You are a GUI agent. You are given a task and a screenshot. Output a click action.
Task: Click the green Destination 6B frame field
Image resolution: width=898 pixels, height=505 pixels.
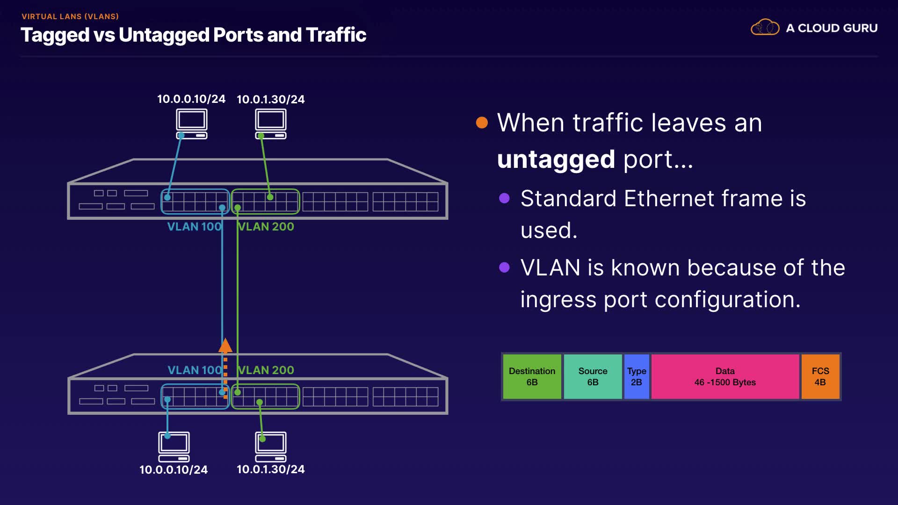click(x=532, y=376)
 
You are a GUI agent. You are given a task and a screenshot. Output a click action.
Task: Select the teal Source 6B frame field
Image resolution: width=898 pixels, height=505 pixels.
click(x=593, y=376)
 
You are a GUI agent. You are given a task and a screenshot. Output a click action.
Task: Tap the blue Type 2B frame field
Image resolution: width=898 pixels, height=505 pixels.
click(x=637, y=376)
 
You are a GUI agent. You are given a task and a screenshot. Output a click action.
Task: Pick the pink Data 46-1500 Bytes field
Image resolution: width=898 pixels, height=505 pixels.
click(x=725, y=376)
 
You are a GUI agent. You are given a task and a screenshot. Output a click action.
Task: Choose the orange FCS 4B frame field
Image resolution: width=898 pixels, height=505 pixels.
click(x=820, y=376)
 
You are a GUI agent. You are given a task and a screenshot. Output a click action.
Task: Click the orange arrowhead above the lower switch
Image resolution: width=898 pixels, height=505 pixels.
click(x=225, y=345)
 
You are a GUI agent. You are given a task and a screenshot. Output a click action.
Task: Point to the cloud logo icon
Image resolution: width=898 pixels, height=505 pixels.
click(x=765, y=28)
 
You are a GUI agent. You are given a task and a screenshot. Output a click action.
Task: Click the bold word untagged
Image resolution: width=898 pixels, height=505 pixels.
click(x=556, y=159)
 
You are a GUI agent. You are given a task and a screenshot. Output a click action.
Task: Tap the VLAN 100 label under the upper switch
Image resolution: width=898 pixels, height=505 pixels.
click(x=194, y=227)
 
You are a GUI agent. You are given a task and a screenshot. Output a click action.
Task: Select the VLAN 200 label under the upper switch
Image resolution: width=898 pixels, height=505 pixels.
click(x=266, y=227)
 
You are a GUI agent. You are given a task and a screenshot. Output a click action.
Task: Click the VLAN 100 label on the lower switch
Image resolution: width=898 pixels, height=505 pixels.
click(x=195, y=370)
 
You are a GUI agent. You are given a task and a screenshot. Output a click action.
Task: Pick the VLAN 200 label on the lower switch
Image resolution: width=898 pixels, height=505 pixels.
click(x=266, y=370)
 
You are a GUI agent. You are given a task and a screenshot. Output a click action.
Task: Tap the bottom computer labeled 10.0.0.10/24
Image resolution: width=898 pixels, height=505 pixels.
click(x=174, y=447)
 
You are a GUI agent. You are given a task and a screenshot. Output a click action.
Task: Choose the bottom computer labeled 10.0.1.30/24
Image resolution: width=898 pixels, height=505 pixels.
click(x=271, y=447)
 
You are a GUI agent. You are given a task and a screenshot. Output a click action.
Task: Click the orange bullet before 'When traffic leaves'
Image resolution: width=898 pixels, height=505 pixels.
click(x=482, y=123)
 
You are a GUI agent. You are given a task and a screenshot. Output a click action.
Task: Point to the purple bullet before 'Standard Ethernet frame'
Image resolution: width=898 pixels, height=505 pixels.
click(x=504, y=198)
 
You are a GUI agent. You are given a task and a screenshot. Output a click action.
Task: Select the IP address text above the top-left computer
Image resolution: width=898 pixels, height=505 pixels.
click(x=191, y=99)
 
